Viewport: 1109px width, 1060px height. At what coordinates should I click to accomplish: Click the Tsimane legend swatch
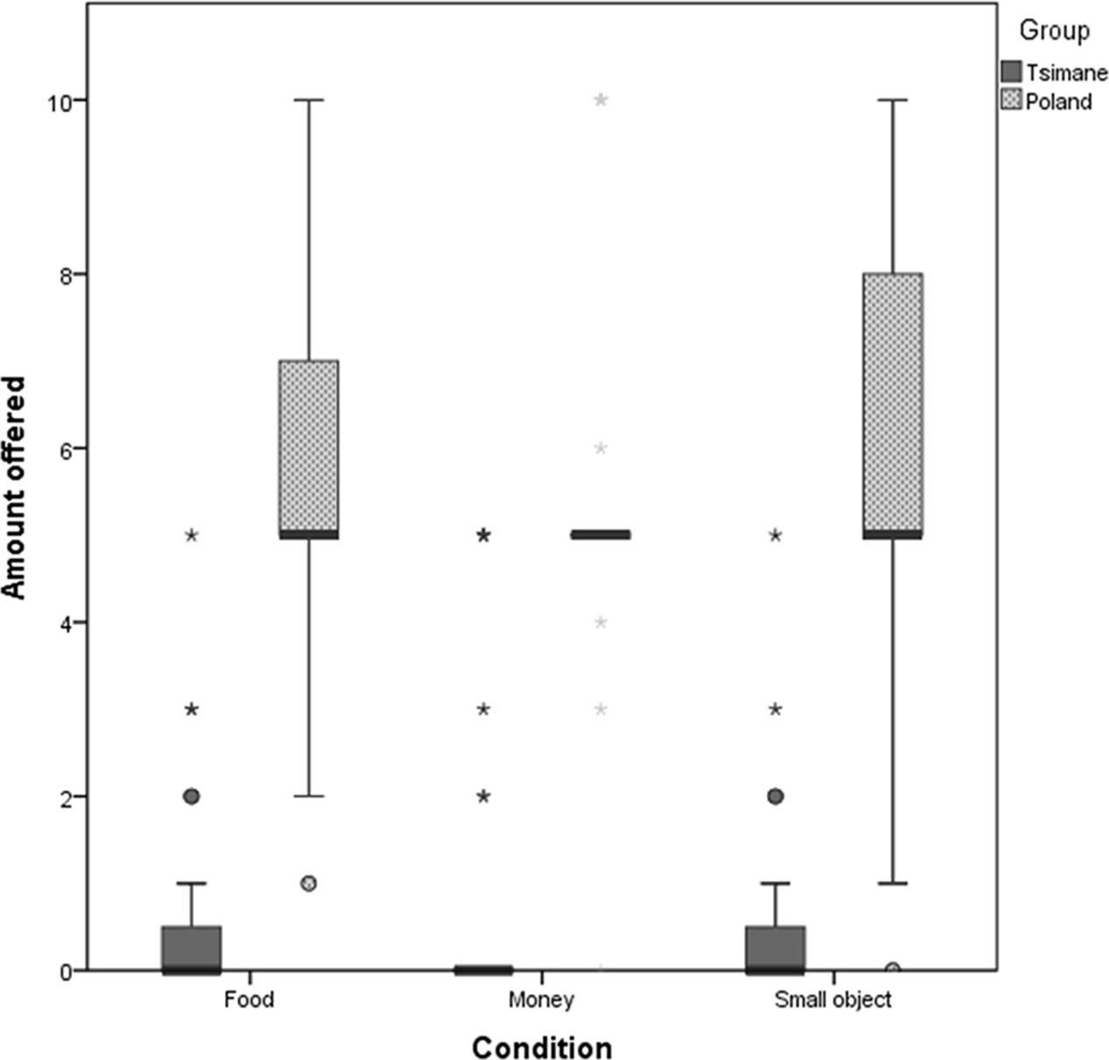point(1011,72)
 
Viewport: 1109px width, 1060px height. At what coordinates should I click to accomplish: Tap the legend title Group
point(1054,32)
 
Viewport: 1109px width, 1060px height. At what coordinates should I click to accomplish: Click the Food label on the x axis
point(249,1000)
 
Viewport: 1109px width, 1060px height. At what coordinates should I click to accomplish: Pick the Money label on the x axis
point(541,1000)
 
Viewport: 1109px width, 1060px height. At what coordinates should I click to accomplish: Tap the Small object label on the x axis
point(832,1000)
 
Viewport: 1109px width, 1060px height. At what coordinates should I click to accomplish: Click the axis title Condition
point(542,1047)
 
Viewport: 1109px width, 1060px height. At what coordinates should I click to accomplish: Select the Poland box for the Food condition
point(308,446)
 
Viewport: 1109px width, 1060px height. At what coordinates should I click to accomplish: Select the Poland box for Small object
point(892,403)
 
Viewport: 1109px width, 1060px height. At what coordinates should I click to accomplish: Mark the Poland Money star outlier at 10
point(600,100)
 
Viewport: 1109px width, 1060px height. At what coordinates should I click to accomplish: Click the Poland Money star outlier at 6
point(600,448)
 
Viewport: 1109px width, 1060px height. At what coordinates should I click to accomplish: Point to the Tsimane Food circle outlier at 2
point(191,797)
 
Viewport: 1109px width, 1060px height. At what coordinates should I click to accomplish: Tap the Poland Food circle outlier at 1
point(308,883)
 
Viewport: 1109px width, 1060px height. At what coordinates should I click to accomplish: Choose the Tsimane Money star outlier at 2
point(483,797)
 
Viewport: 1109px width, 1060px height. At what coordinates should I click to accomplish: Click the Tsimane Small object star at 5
point(776,535)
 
